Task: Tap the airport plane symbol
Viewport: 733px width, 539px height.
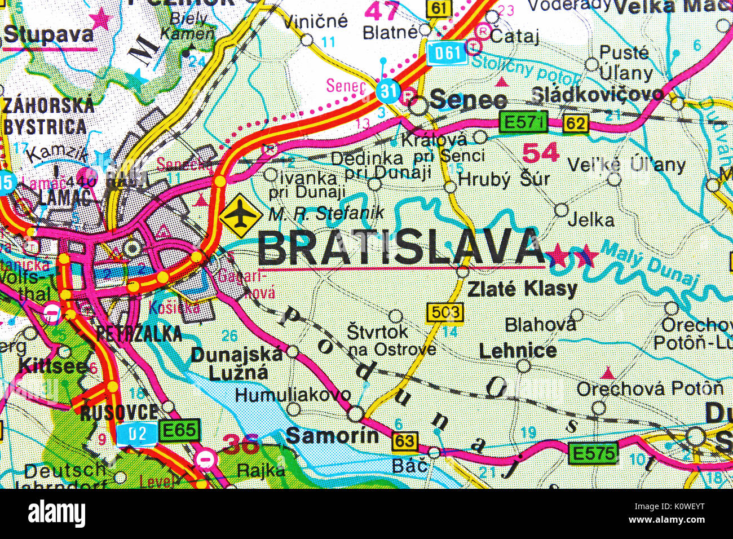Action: click(241, 216)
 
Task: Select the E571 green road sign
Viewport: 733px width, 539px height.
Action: click(523, 122)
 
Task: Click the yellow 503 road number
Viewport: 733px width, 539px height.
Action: click(445, 312)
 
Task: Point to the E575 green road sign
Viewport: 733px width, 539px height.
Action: click(592, 453)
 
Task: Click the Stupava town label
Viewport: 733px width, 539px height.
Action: click(49, 35)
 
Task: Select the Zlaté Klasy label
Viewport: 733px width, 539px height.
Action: click(523, 289)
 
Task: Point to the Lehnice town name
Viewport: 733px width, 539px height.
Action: click(518, 351)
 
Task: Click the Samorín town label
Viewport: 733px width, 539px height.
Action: click(332, 435)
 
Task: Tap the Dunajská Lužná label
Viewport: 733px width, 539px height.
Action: click(237, 363)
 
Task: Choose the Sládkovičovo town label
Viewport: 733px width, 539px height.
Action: click(598, 94)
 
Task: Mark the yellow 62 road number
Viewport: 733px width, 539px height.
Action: click(575, 123)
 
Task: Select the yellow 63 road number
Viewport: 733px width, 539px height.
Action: click(405, 441)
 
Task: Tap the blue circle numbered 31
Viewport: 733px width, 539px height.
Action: click(388, 90)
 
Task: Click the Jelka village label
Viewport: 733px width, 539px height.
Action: click(590, 220)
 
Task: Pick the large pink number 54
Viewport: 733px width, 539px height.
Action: click(540, 152)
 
